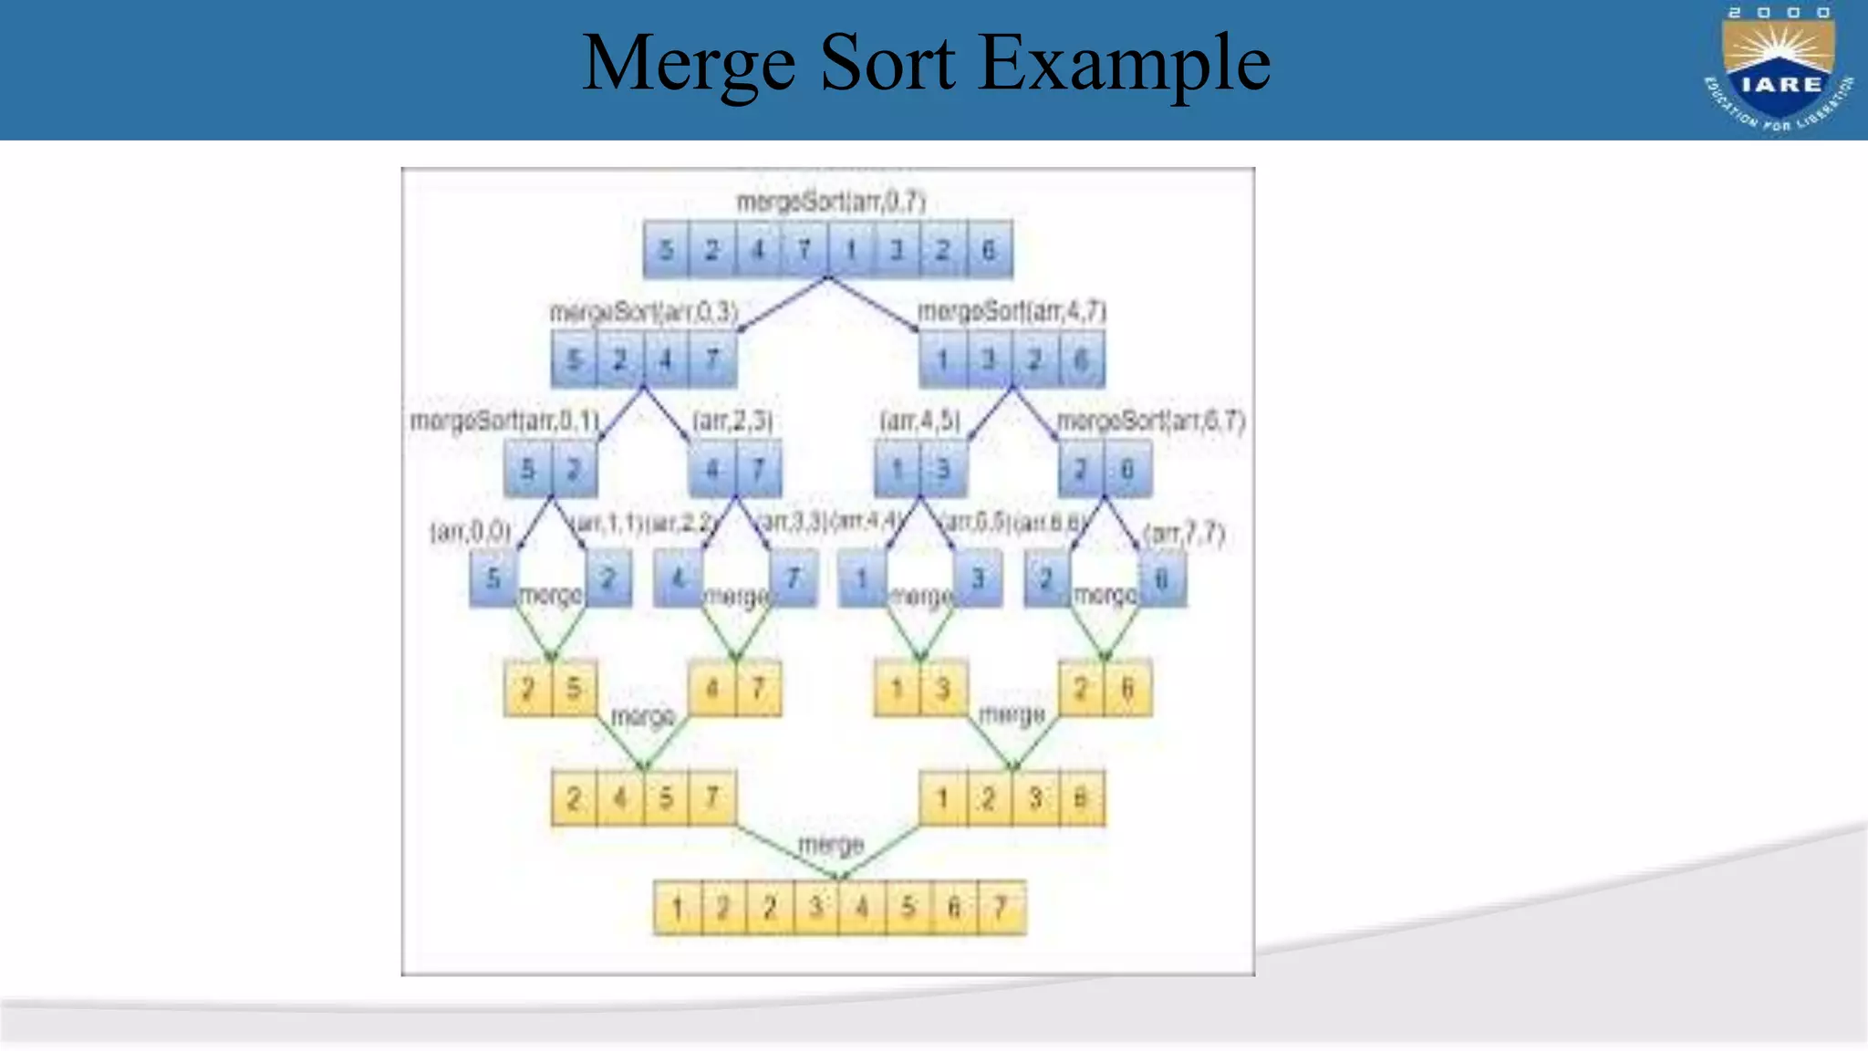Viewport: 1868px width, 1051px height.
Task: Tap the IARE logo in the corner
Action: click(x=1779, y=69)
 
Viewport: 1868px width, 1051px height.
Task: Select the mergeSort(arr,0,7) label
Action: click(x=830, y=202)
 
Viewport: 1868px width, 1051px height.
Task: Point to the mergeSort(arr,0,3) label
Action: click(x=643, y=312)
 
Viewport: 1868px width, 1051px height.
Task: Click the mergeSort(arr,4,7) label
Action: click(x=1012, y=312)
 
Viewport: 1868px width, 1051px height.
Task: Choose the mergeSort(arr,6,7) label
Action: click(x=1150, y=421)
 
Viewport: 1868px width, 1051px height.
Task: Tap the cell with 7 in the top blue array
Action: click(x=804, y=249)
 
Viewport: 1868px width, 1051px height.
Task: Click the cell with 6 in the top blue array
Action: click(x=989, y=249)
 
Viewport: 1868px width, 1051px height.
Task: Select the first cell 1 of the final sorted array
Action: click(x=678, y=908)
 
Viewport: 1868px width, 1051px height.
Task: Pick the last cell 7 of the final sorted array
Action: click(x=1001, y=908)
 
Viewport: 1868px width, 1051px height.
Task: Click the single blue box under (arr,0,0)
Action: click(x=493, y=578)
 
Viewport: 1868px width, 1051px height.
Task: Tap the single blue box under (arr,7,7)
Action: click(x=1162, y=578)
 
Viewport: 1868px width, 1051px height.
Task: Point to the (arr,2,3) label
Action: click(x=732, y=421)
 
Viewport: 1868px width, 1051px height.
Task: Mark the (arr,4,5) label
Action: click(x=919, y=421)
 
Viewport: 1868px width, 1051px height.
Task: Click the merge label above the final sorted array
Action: click(x=830, y=845)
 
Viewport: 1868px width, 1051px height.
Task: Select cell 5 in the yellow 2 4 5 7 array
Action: click(x=667, y=798)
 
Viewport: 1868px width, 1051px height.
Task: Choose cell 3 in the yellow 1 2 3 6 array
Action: click(x=1035, y=798)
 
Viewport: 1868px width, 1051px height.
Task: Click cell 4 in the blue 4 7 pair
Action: click(x=712, y=469)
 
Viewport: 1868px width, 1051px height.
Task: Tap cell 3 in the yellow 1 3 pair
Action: click(x=943, y=688)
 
